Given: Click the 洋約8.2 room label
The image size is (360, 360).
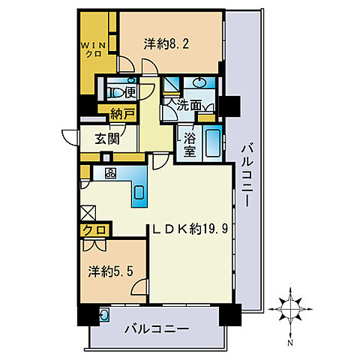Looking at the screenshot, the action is coord(166,44).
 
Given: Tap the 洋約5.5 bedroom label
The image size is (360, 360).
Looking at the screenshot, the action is coord(110,271).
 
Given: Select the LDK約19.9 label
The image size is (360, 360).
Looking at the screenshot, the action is coord(190,229).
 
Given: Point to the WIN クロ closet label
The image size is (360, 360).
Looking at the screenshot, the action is coord(93,50).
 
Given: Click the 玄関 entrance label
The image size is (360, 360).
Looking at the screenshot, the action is coord(107,139).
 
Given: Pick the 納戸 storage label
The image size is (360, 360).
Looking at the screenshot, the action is coord(122,115).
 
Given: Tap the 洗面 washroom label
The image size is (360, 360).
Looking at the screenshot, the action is coord(189,106).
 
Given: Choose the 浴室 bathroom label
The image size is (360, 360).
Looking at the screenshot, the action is coord(190,144).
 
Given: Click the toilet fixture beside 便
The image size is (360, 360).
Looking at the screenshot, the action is coord(115,93).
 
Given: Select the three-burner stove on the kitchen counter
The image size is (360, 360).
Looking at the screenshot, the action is coord(111,172).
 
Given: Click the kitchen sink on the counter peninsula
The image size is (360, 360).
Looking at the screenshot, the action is coord(139,193).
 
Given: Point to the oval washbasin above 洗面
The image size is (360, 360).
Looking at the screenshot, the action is coord(199,83).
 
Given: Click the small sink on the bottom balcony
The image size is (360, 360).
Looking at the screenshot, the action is coord(104,313).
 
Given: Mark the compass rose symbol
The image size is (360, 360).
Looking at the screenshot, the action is coord(290,309).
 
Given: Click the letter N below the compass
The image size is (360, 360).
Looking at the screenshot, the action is coord(290,343).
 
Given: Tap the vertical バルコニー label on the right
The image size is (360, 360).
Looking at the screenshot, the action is coord(247,176).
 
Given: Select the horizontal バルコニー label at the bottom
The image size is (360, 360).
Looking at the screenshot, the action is coord(157,329).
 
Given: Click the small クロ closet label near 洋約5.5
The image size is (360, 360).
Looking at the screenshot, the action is coord(94,229).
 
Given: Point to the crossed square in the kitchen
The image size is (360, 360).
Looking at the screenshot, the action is coord(88,213).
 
